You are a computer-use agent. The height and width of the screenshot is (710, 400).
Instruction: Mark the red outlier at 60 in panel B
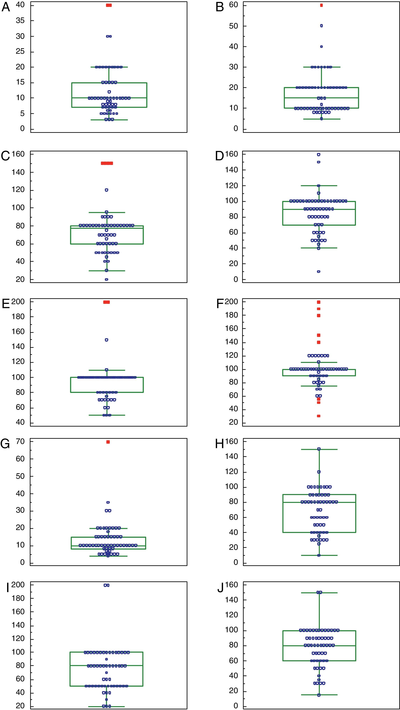[x=321, y=5]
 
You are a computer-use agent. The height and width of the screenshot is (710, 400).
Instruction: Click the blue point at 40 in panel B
[x=321, y=47]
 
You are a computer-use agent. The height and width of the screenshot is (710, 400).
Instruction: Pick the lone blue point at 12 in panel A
[x=109, y=92]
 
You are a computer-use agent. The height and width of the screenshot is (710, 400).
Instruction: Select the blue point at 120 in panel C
[x=107, y=190]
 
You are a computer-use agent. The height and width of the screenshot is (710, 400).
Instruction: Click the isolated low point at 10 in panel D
[x=319, y=271]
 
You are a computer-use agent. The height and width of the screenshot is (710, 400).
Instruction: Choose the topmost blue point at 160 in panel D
[x=319, y=155]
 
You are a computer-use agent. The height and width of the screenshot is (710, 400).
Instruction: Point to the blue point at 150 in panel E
[x=107, y=340]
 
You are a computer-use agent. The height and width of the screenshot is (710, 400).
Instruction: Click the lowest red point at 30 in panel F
[x=319, y=416]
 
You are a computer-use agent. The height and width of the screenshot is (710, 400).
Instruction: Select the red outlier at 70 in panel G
[x=108, y=442]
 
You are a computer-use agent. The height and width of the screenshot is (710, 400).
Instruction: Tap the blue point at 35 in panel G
[x=108, y=502]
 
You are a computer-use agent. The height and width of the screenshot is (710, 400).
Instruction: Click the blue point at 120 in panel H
[x=319, y=472]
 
